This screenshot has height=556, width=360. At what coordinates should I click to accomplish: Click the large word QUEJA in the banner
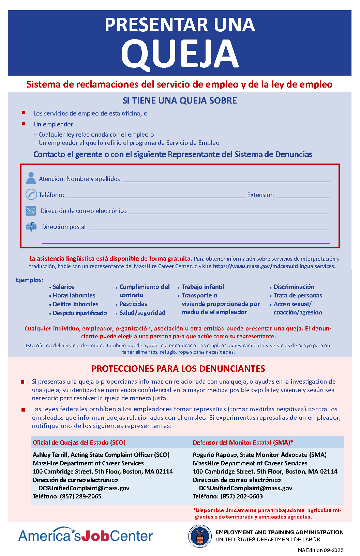(180, 54)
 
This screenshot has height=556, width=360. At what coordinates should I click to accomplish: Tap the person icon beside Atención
(31, 178)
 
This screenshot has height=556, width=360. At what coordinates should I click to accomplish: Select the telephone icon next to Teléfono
(31, 195)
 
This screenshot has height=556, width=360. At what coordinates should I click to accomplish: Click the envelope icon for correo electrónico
(31, 211)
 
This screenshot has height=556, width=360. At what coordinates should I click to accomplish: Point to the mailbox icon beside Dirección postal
(31, 227)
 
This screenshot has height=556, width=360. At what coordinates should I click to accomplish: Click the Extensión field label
(260, 195)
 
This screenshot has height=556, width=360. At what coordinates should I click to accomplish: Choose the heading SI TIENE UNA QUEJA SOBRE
(180, 101)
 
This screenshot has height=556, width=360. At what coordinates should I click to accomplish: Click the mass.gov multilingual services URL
(274, 266)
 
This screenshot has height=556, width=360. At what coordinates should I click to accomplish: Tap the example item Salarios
(63, 287)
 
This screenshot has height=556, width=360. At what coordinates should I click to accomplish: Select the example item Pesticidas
(133, 304)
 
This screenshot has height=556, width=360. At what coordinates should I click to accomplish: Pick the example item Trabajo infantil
(203, 287)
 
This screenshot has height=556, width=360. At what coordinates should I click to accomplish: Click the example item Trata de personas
(298, 295)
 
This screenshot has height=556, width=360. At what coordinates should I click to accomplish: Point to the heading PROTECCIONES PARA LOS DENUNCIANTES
(178, 369)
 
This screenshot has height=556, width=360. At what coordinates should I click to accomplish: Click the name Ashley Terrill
(50, 455)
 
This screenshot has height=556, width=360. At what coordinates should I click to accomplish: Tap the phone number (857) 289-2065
(81, 496)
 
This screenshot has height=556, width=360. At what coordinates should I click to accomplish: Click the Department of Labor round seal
(200, 536)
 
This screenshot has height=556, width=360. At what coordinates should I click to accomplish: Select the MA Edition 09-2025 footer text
(320, 550)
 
